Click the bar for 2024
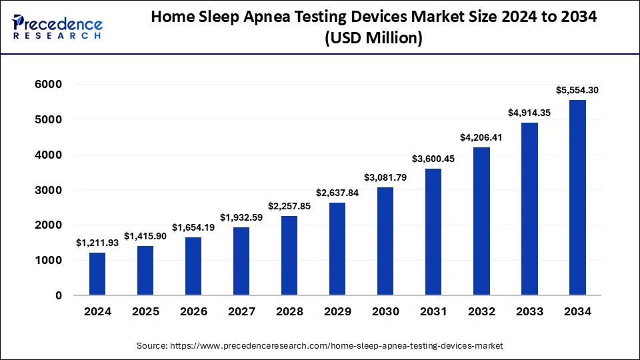(97, 273)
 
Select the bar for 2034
(577, 197)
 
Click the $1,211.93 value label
(97, 243)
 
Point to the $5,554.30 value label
(577, 90)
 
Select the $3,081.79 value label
(385, 177)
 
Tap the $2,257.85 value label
(289, 206)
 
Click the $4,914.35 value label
(529, 113)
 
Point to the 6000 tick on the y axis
(48, 85)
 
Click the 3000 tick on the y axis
(48, 190)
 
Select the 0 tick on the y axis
(59, 295)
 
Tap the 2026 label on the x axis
(193, 311)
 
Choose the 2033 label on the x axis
(529, 311)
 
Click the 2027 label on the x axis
(241, 311)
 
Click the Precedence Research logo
(57, 27)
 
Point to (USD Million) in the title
(373, 39)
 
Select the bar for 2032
(481, 221)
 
